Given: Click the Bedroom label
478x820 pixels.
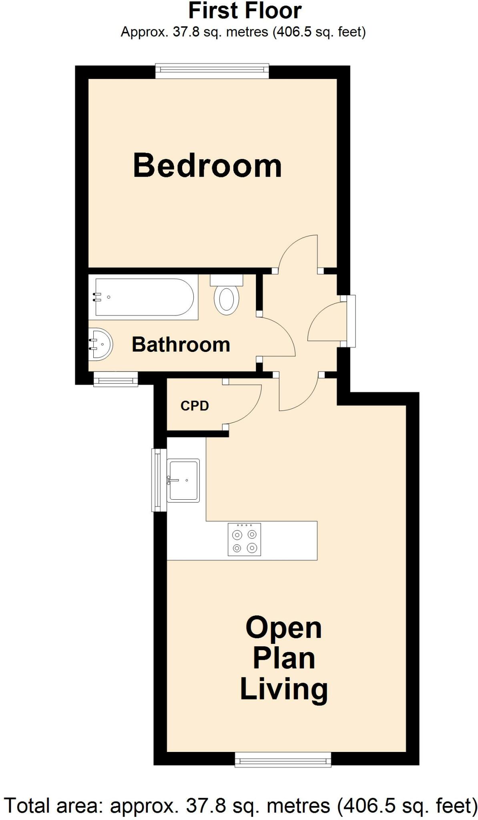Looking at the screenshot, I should pyautogui.click(x=207, y=166).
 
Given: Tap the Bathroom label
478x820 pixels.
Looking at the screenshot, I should pyautogui.click(x=181, y=345).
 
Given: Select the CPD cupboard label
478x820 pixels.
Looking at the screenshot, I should pyautogui.click(x=195, y=406).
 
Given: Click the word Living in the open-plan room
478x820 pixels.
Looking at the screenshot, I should pyautogui.click(x=284, y=689).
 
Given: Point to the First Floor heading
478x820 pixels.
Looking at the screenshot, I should pyautogui.click(x=245, y=11).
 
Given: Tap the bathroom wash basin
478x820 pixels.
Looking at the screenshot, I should pyautogui.click(x=101, y=344).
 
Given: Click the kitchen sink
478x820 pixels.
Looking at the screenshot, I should pyautogui.click(x=184, y=480).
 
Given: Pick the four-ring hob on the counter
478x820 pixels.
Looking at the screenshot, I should pyautogui.click(x=244, y=539).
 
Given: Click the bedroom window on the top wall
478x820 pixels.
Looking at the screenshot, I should pyautogui.click(x=212, y=70).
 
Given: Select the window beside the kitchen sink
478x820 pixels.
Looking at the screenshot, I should pyautogui.click(x=159, y=480).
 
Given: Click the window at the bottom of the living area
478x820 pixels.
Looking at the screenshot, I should pyautogui.click(x=283, y=759).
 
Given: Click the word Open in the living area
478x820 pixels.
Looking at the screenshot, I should pyautogui.click(x=283, y=628).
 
